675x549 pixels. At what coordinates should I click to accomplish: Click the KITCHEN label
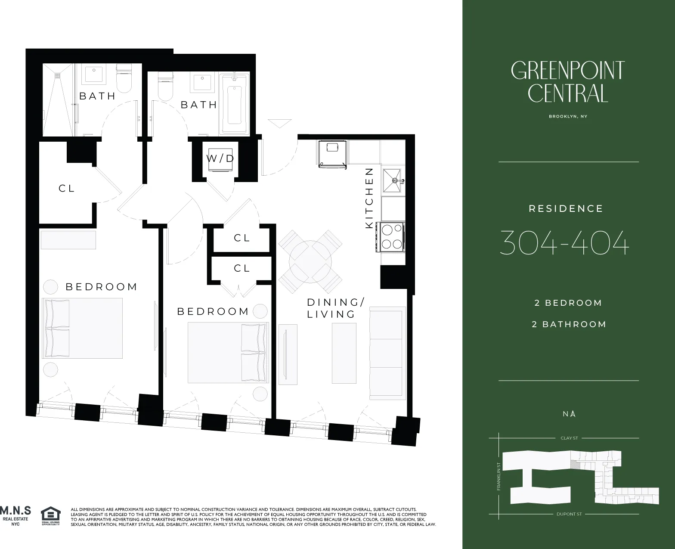(x=369, y=198)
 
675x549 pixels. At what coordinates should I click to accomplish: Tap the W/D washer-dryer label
(x=220, y=158)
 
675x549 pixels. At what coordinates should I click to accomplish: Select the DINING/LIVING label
(x=334, y=308)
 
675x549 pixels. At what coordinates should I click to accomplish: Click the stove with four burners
(x=391, y=237)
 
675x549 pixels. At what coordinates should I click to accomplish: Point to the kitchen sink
(x=393, y=180)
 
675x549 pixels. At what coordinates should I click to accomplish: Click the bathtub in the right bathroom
(x=234, y=105)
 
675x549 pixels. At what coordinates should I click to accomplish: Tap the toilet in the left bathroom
(x=124, y=78)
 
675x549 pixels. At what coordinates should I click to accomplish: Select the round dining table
(x=310, y=261)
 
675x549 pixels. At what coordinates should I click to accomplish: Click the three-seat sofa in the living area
(x=387, y=354)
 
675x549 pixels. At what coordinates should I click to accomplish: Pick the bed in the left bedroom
(x=82, y=328)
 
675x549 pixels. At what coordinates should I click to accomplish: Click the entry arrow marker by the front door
(x=279, y=123)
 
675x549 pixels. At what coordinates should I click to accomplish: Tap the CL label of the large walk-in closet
(x=67, y=189)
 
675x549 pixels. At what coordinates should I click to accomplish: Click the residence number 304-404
(x=564, y=243)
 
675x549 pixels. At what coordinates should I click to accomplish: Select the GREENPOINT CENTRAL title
(x=567, y=82)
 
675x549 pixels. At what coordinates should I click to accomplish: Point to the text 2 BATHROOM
(x=569, y=325)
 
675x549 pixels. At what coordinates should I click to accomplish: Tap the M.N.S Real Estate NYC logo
(x=15, y=515)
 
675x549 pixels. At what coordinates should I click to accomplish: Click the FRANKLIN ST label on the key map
(x=499, y=476)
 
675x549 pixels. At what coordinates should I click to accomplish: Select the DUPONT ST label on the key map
(x=569, y=514)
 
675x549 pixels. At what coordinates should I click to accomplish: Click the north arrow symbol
(x=573, y=414)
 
